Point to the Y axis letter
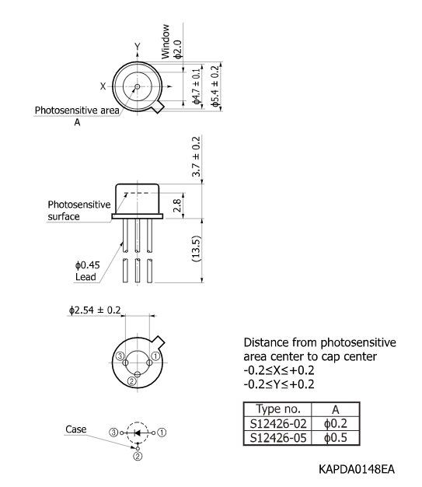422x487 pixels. pyautogui.click(x=138, y=47)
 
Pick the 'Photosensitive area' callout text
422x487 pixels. pyautogui.click(x=77, y=110)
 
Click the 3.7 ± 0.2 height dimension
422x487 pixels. pyautogui.click(x=195, y=159)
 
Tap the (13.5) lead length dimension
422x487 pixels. pyautogui.click(x=196, y=250)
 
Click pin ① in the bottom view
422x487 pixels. pyautogui.click(x=155, y=356)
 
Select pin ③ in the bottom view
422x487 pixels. pyautogui.click(x=120, y=356)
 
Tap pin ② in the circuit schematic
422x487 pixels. pyautogui.click(x=137, y=457)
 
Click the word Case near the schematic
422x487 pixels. pyautogui.click(x=75, y=429)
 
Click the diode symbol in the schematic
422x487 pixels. pyautogui.click(x=138, y=432)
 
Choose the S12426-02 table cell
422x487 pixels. pyautogui.click(x=277, y=423)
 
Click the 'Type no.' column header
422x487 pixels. pyautogui.click(x=277, y=409)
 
